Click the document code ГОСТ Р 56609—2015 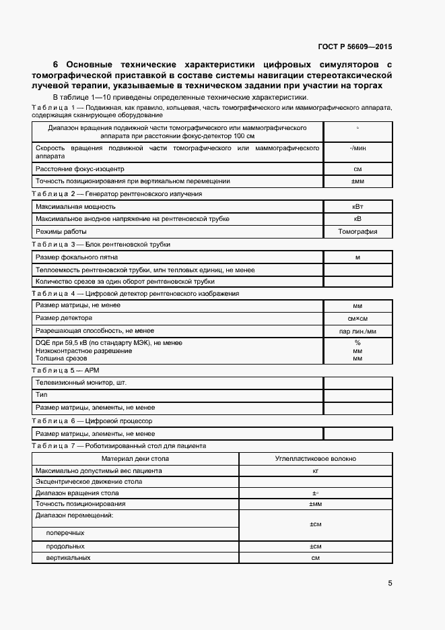[x=355, y=47]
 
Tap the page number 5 [x=390, y=584]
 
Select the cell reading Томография [x=357, y=231]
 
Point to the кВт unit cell [x=357, y=206]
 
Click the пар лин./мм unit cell [x=357, y=331]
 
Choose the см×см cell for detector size [x=357, y=318]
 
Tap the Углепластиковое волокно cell [x=316, y=458]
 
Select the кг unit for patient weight [x=316, y=470]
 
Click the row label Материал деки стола [x=135, y=458]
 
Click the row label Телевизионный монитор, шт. [x=81, y=382]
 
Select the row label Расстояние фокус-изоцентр [x=80, y=168]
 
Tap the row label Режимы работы [x=61, y=231]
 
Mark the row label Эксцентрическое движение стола [x=88, y=481]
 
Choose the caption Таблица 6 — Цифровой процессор [x=92, y=421]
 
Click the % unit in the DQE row [x=357, y=343]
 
